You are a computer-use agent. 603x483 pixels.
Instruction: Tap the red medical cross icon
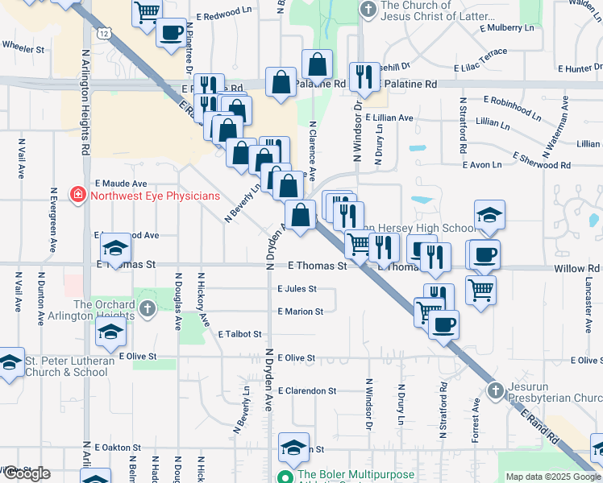[78, 195]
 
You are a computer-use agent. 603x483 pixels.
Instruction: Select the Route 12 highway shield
[106, 34]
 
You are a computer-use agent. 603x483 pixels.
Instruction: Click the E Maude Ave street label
[121, 184]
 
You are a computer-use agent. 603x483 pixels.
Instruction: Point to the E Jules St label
[297, 288]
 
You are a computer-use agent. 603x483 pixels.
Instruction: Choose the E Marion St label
[300, 312]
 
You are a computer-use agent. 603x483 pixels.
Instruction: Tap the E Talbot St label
[239, 333]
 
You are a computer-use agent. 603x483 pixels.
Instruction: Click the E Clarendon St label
[306, 390]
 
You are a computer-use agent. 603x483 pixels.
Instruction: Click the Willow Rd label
[577, 269]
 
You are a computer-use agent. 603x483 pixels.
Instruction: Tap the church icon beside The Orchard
[147, 309]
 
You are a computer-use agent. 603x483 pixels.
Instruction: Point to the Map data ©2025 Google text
[551, 477]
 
